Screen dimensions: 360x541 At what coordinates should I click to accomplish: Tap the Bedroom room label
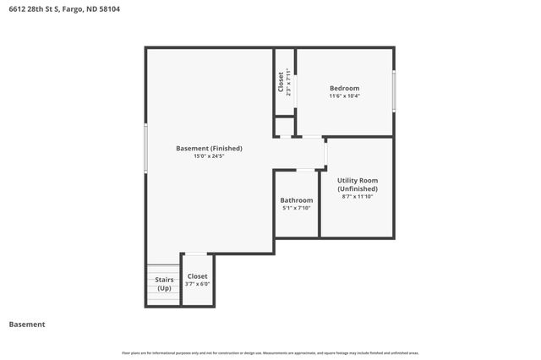344,88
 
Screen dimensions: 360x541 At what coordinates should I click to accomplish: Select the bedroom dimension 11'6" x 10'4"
344,96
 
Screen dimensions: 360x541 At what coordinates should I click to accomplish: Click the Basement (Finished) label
209,148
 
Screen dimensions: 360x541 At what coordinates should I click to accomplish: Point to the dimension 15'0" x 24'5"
209,156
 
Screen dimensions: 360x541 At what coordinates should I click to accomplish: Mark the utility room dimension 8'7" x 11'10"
358,197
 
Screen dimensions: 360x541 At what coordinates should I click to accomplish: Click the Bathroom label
297,199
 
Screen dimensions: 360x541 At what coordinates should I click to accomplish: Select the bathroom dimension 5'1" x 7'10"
297,208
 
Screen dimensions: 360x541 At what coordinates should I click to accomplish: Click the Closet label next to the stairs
197,275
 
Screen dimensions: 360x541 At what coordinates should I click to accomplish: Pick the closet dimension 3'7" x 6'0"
197,284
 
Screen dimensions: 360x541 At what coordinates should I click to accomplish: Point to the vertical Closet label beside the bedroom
281,82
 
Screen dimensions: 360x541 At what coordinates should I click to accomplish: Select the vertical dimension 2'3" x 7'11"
289,82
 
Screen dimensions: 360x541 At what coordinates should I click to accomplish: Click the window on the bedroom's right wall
394,91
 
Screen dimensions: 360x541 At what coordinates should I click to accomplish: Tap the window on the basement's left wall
146,149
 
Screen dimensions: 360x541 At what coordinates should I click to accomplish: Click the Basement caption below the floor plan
26,325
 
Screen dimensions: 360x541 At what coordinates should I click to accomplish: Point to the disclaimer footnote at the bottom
270,352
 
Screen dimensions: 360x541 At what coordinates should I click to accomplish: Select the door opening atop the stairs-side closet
195,254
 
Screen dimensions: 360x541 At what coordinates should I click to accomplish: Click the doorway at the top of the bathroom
305,170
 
